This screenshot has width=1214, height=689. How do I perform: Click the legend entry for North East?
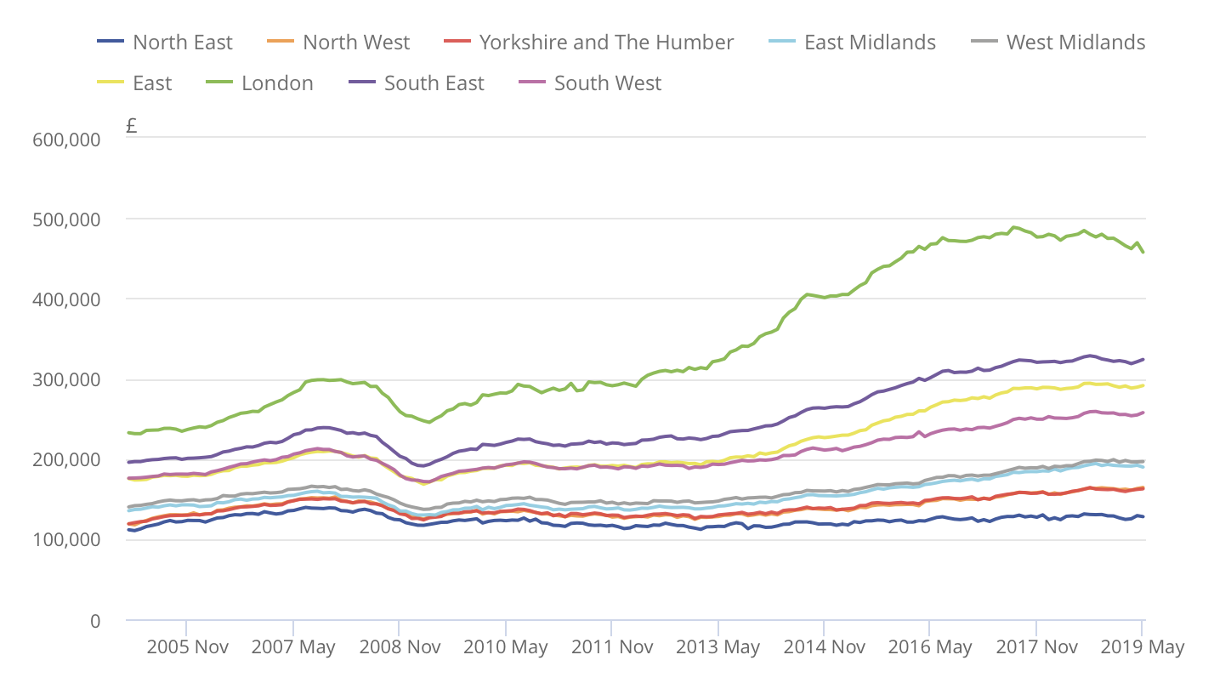click(182, 43)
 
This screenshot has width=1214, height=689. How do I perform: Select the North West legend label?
click(355, 43)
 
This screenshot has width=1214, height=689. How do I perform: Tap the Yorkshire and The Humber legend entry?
click(605, 43)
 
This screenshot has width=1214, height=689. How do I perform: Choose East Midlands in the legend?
click(869, 43)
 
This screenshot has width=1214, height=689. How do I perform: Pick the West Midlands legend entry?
click(1075, 43)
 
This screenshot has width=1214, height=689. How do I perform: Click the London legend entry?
click(276, 83)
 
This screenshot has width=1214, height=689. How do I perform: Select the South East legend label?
click(434, 83)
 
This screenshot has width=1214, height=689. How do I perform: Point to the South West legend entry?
click(607, 83)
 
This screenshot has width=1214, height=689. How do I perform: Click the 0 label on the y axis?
click(94, 621)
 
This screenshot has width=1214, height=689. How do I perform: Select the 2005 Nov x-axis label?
click(187, 647)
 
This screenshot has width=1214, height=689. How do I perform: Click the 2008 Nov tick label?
click(400, 647)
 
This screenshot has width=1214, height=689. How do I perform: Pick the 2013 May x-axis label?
click(718, 647)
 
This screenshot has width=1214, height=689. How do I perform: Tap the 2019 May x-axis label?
click(1142, 647)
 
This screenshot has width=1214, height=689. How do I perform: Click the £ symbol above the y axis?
click(131, 127)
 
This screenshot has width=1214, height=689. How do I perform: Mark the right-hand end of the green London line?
click(1143, 252)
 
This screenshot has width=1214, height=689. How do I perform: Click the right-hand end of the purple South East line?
click(1143, 359)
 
